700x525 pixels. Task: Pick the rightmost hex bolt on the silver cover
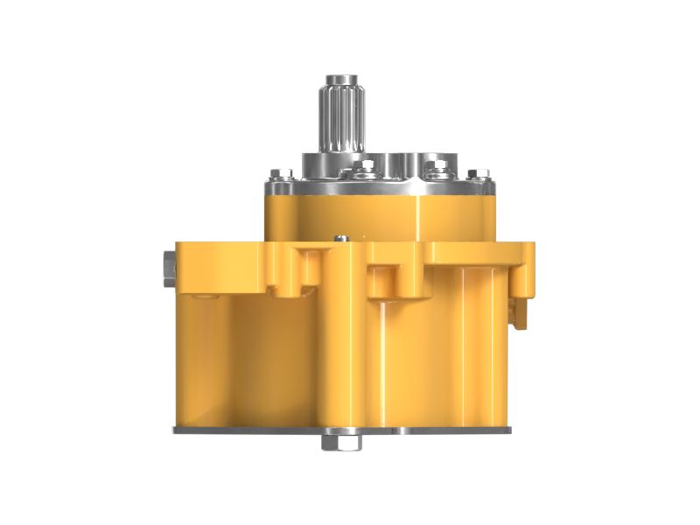[x=473, y=174]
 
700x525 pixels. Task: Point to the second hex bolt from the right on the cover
[x=431, y=167]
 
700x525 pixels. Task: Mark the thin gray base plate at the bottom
[x=262, y=430]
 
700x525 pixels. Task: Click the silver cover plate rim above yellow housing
[x=376, y=187]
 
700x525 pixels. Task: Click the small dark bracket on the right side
[x=518, y=311]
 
